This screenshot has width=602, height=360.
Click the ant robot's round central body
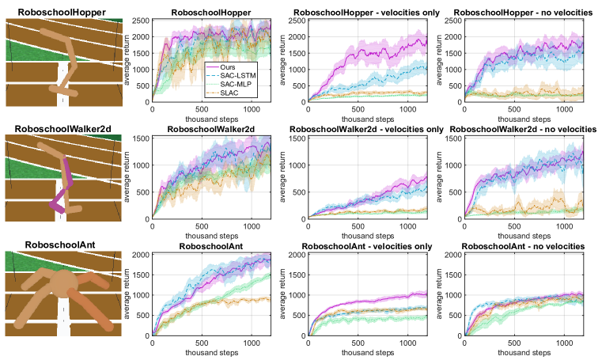pyautogui.click(x=62, y=281)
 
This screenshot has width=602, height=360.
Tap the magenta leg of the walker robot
pyautogui.click(x=62, y=190)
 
